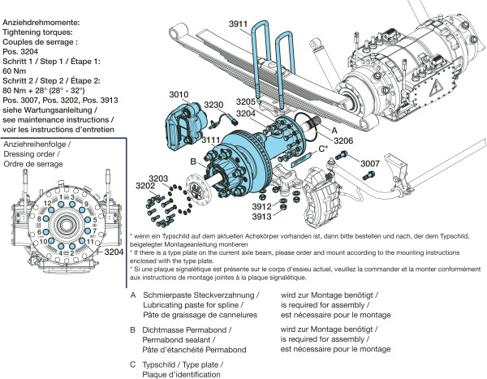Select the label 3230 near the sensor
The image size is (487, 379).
(x=214, y=106)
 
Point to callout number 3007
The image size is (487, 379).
(x=370, y=164)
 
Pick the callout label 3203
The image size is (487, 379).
(x=159, y=178)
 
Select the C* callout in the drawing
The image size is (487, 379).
(x=322, y=149)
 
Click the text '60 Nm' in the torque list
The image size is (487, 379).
(x=17, y=71)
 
